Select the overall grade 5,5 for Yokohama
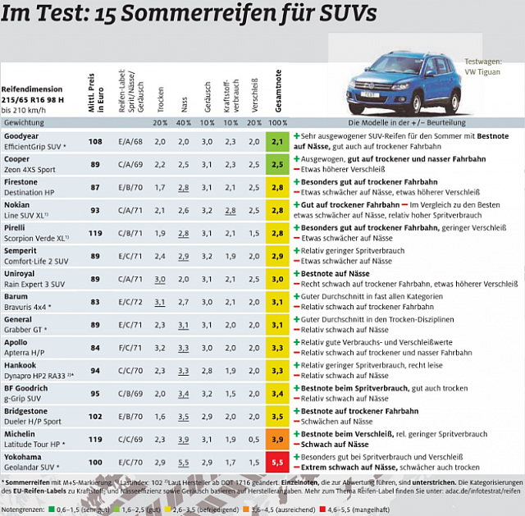click(x=277, y=462)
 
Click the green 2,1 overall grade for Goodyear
click(x=277, y=141)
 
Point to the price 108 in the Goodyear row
click(x=95, y=141)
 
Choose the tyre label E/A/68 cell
click(x=131, y=141)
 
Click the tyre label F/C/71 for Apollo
click(x=131, y=348)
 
